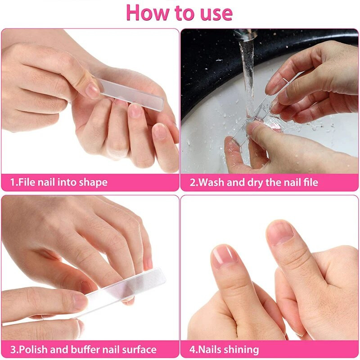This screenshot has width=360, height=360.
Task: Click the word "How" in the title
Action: (148, 13)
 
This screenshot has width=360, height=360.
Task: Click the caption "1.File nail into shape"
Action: (59, 183)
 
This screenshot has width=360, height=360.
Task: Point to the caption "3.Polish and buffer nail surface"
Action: (83, 350)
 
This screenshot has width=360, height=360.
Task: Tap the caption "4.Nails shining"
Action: (224, 350)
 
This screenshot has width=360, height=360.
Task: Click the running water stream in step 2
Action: (247, 72)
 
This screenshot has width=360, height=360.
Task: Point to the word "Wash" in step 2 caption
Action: (211, 183)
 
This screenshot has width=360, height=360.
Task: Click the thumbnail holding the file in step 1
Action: (93, 90)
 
